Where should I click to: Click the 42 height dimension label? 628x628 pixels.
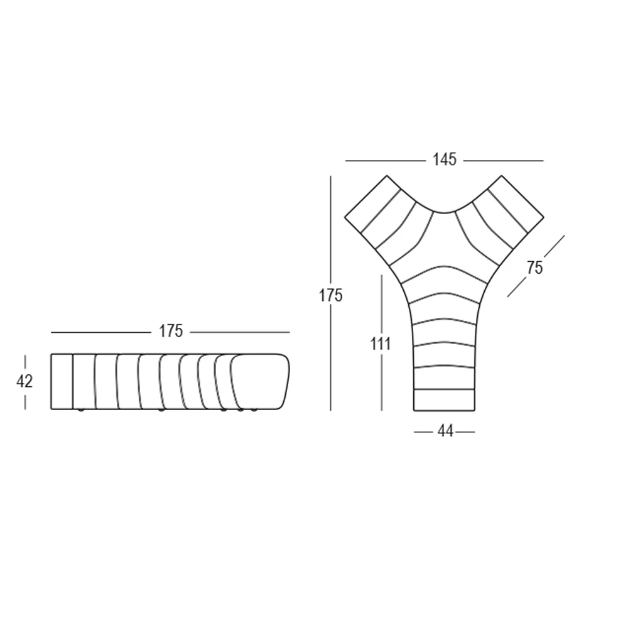click(x=24, y=381)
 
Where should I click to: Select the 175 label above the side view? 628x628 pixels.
click(x=171, y=331)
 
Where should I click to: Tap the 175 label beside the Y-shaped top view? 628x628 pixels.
click(x=330, y=296)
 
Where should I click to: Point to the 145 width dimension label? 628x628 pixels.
click(x=445, y=160)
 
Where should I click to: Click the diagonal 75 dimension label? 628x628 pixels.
click(x=534, y=268)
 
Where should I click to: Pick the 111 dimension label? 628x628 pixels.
click(x=380, y=344)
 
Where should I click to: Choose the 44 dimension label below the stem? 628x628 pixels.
click(x=445, y=431)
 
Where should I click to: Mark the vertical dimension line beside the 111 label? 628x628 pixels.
click(x=382, y=342)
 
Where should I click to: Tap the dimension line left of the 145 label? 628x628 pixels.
click(x=386, y=161)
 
